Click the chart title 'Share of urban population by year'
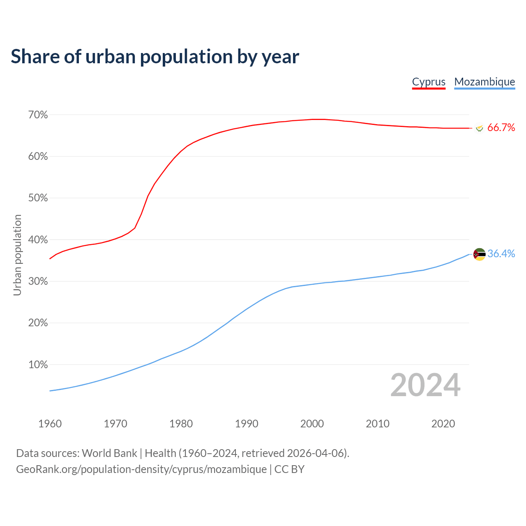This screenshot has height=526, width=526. (155, 57)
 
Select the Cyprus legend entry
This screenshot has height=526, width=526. (429, 82)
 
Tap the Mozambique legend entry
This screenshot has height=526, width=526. (484, 82)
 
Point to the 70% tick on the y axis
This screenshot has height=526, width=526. (38, 115)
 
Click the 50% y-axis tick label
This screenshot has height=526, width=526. (38, 198)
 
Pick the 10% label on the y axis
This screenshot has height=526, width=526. (38, 365)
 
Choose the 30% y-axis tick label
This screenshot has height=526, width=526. (38, 281)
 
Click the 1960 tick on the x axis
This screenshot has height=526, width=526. (50, 424)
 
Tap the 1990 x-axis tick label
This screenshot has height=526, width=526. (247, 424)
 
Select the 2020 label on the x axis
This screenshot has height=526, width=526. (443, 424)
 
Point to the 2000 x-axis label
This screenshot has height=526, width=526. (312, 424)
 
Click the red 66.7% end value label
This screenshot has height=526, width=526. (501, 128)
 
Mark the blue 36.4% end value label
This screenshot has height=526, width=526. (501, 254)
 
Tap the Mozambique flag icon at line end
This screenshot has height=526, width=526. (479, 254)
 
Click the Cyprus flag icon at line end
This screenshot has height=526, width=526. (479, 128)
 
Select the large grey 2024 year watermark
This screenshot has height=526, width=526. (425, 385)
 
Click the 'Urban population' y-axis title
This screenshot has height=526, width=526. (17, 255)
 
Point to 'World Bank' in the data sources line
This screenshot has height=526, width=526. (109, 453)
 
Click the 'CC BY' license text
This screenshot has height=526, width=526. (289, 469)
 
